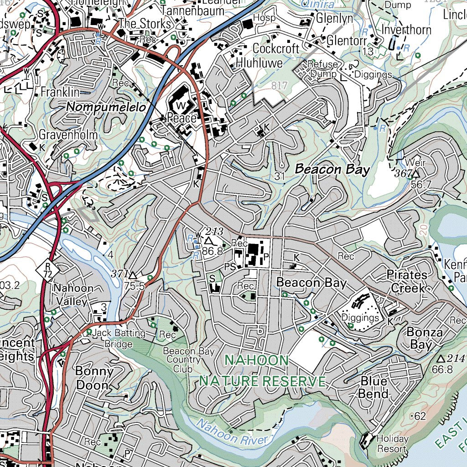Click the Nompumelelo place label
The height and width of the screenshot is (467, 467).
point(106,108)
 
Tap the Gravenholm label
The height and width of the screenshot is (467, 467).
point(68,135)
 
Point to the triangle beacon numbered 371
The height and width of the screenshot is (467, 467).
point(133,276)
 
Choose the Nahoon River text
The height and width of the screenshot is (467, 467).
point(232,433)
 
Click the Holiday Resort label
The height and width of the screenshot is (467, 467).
point(392,444)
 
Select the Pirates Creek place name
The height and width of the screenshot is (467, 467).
point(407,281)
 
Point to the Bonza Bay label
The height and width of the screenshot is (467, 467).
point(424,338)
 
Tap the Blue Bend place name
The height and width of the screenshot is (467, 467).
point(374,387)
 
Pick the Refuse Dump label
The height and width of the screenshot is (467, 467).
point(323,69)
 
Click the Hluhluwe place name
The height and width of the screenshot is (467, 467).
point(259,62)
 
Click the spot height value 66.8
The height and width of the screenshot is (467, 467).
point(442,369)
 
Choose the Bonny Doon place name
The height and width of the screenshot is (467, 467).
point(94,378)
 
